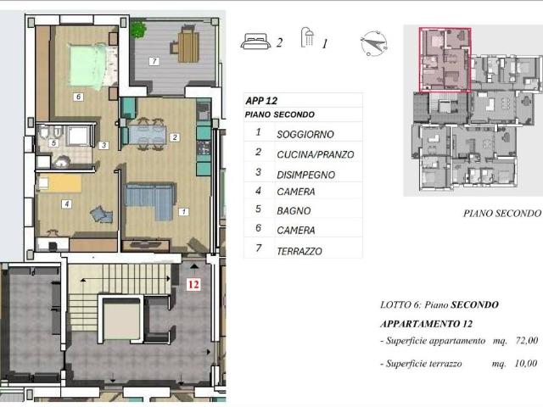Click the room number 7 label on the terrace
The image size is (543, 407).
154,61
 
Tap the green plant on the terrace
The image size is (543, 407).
138,30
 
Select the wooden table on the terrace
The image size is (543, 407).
188,46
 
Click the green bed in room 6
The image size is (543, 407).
88,65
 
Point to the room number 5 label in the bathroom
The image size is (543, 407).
53,142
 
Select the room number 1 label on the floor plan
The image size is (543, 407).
183,211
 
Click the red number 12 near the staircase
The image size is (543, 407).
193,285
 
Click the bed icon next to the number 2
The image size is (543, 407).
256,42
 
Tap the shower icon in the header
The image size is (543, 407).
307,37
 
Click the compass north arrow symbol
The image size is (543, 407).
374,43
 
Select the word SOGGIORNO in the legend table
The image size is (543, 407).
305,134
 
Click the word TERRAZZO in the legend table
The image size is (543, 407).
299,251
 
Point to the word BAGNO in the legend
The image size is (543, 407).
294,211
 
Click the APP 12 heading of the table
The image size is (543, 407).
261,101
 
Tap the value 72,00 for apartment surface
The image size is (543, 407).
527,341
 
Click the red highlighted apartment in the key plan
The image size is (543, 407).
445,60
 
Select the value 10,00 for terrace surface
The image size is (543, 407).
526,364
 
